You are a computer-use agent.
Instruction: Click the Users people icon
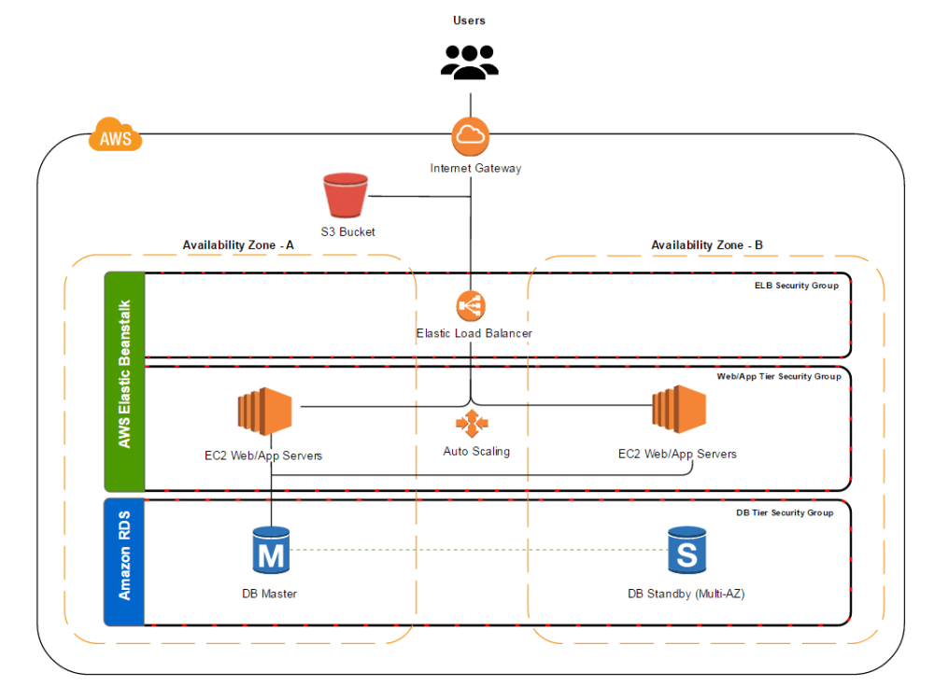(x=471, y=61)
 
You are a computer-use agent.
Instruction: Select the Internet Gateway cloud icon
(x=471, y=137)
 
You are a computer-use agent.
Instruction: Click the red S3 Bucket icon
(x=346, y=197)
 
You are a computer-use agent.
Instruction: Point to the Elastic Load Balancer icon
(x=471, y=305)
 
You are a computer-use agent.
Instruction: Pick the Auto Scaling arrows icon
(x=472, y=424)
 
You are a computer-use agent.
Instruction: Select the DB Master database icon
(x=271, y=551)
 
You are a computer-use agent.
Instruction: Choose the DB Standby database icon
(x=686, y=551)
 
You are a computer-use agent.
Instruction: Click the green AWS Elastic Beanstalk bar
(x=124, y=381)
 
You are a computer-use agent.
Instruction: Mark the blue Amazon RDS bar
(x=124, y=561)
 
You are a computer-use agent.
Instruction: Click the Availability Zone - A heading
(x=238, y=245)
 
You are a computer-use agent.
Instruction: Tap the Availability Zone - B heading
(x=707, y=245)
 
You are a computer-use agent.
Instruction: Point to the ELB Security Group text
(x=796, y=286)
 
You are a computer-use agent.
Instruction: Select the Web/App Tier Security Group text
(x=778, y=376)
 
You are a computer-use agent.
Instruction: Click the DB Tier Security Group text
(x=785, y=512)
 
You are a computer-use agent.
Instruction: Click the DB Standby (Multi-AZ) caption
(x=686, y=594)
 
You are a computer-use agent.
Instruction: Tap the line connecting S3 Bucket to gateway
(x=420, y=197)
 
